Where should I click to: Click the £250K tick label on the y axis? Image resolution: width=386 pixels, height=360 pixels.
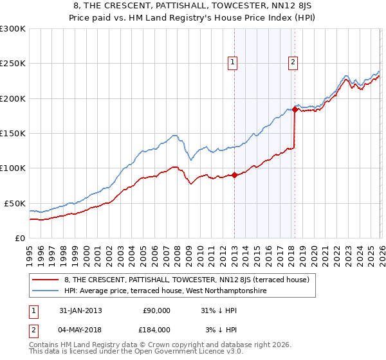pos(13,64)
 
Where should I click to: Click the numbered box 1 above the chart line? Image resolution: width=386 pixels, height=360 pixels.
pos(232,62)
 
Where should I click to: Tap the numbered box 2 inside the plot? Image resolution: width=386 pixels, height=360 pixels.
pos(293,62)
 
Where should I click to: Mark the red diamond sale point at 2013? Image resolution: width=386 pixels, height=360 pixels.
pos(235,175)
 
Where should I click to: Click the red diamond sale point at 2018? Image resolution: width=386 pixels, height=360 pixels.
pos(295,109)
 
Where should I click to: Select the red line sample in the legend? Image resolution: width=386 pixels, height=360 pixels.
pos(46,280)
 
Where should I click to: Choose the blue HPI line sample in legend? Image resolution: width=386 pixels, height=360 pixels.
pos(46,291)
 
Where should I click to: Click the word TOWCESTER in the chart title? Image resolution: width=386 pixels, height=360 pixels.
pos(240,7)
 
